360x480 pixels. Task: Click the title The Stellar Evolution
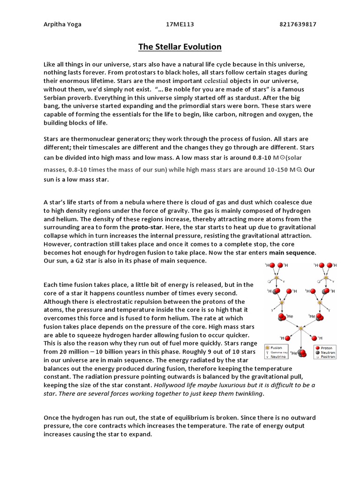(x=180, y=47)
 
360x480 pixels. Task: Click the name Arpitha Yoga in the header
(x=62, y=24)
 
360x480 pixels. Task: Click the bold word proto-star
(x=146, y=227)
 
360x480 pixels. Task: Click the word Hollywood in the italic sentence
(x=168, y=385)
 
